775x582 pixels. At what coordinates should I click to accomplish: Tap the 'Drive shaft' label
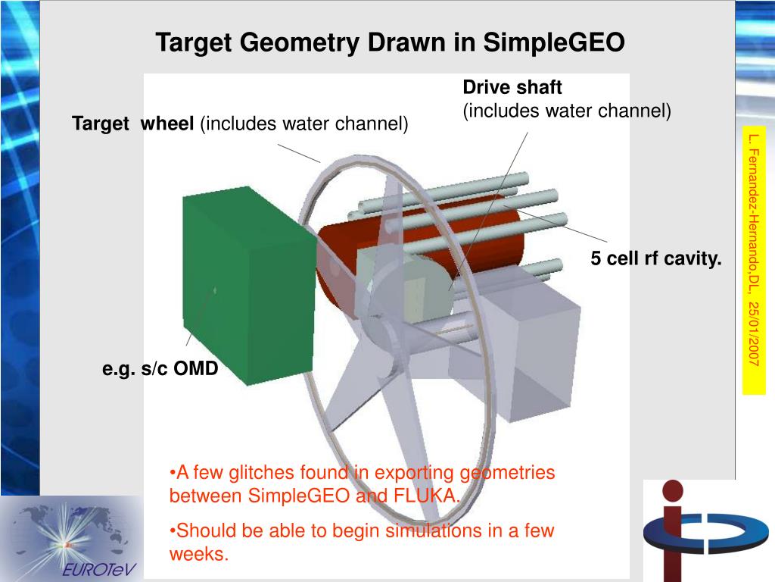tap(512, 88)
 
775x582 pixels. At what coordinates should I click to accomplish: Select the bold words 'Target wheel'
tap(133, 124)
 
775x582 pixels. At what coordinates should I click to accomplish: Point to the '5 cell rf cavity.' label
tap(656, 259)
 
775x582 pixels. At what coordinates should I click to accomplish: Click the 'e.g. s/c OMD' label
tap(160, 369)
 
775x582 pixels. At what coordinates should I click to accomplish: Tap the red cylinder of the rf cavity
tap(484, 242)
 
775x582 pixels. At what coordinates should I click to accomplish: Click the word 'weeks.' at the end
tap(198, 554)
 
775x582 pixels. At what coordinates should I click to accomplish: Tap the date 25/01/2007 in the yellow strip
tap(753, 332)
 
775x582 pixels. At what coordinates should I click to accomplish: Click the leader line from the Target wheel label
tap(299, 152)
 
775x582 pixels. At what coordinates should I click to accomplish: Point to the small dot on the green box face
tap(215, 289)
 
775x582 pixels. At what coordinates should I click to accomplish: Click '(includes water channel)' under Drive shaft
tap(567, 111)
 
